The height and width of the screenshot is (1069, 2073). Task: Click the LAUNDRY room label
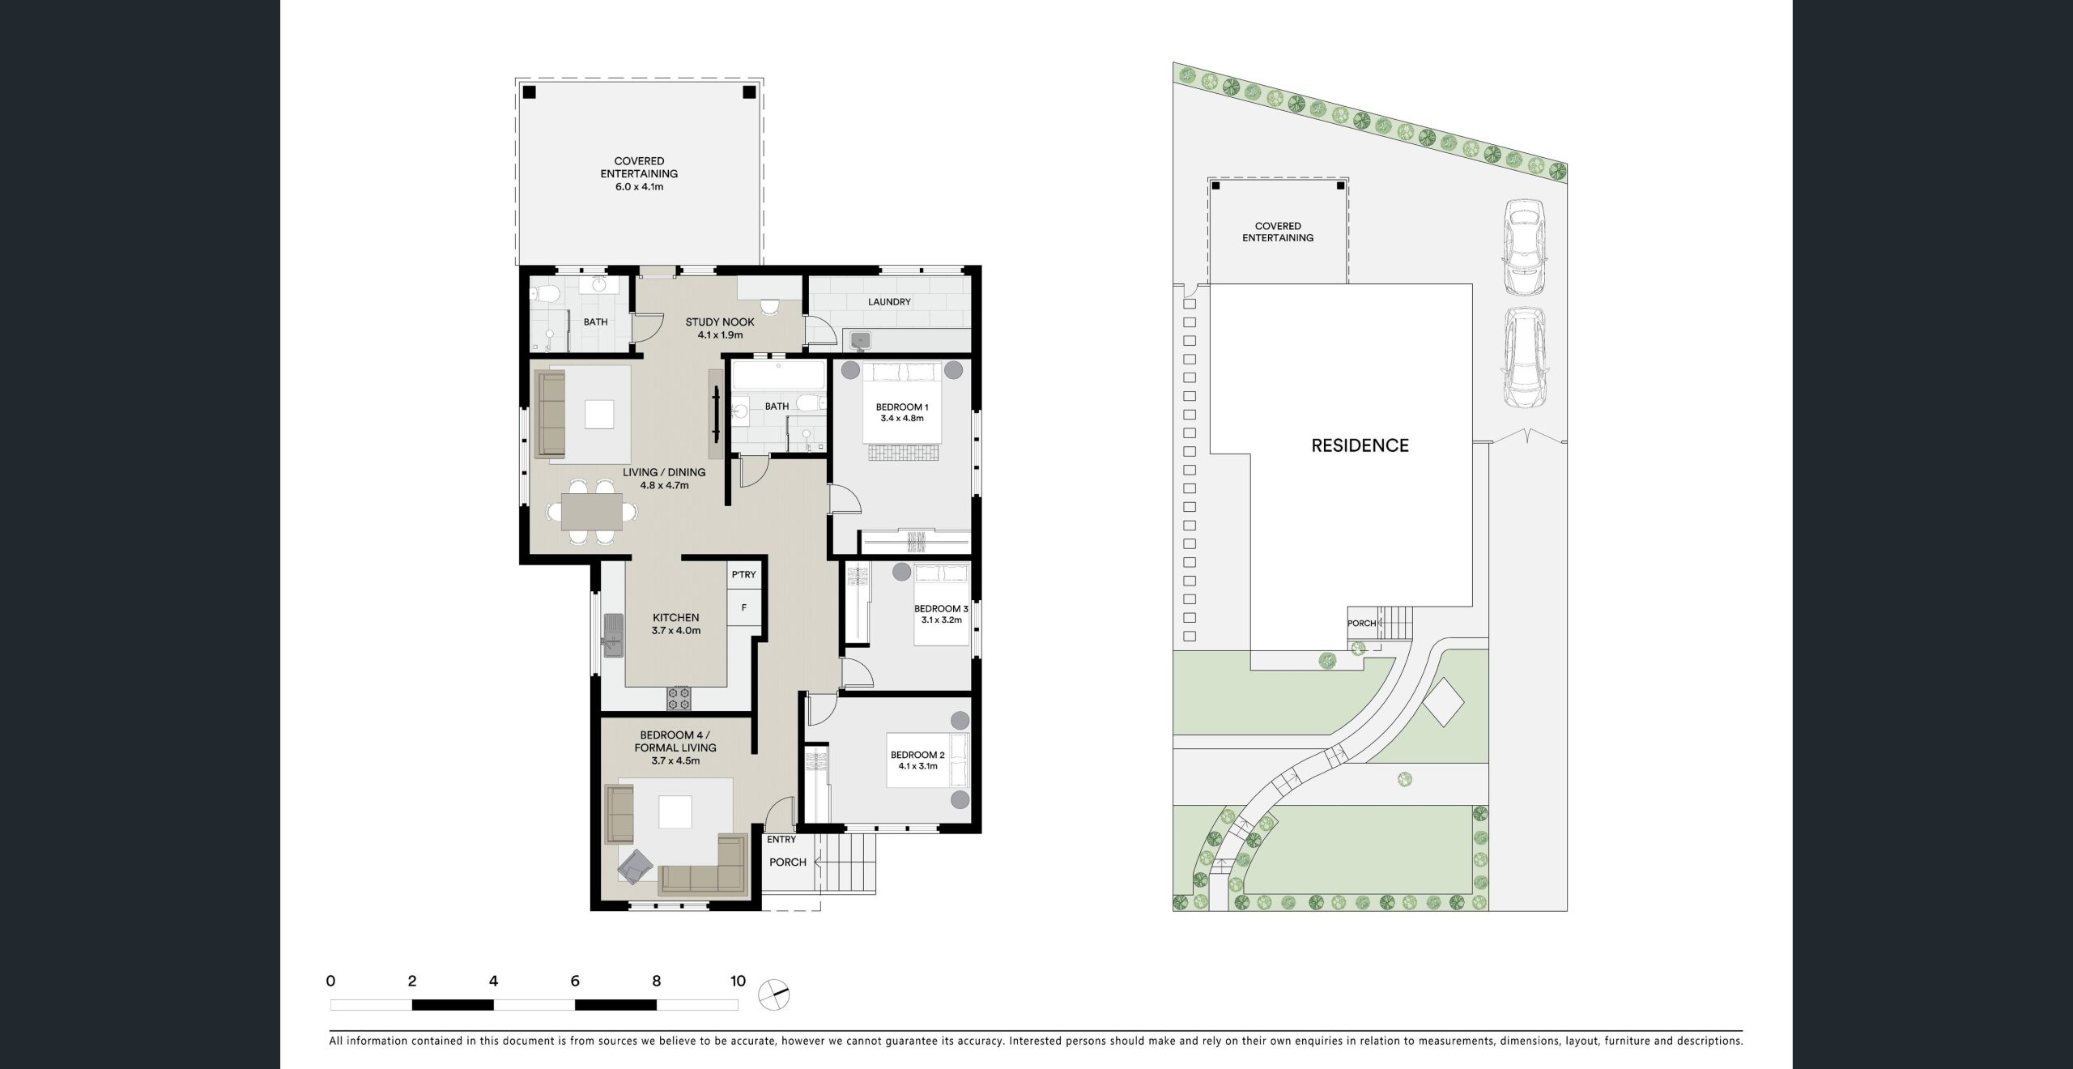tap(889, 302)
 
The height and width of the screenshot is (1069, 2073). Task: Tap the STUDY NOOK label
tap(720, 322)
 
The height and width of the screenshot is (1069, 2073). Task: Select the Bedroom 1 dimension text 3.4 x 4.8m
tap(902, 419)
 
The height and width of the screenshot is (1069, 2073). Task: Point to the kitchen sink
tap(614, 636)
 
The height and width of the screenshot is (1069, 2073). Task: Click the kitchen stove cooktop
tap(679, 698)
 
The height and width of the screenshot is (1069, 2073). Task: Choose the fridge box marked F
tap(743, 608)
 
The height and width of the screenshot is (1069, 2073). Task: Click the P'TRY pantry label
tap(743, 575)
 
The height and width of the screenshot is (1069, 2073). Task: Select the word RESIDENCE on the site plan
tap(1360, 445)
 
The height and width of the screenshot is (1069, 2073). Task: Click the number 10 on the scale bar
tap(738, 982)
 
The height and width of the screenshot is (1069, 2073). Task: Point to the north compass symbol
tap(773, 994)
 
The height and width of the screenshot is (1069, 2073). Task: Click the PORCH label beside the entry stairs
tap(787, 862)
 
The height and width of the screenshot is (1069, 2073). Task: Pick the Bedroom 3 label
tap(941, 609)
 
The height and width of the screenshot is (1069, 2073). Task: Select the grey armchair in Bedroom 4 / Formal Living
tap(636, 867)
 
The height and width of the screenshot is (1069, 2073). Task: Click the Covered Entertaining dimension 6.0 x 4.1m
tap(639, 187)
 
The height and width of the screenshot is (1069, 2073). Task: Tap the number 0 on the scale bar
tap(330, 982)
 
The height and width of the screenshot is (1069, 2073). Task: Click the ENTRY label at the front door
tap(781, 840)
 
